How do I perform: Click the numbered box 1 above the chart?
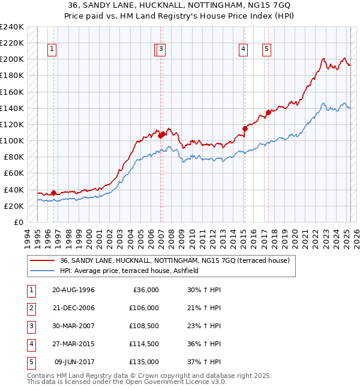coord(53,50)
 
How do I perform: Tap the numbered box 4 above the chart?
coord(244,50)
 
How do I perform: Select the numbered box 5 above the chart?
coord(266,50)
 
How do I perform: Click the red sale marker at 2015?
coord(245,128)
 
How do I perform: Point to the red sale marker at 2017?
coord(268,112)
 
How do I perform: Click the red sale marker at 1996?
coord(53,193)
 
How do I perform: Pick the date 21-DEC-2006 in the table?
coord(73,308)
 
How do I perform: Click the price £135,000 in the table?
coord(144,362)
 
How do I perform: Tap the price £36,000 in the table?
coord(146,290)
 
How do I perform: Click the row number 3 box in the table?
coord(31,326)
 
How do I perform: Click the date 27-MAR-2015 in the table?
coord(73,344)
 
